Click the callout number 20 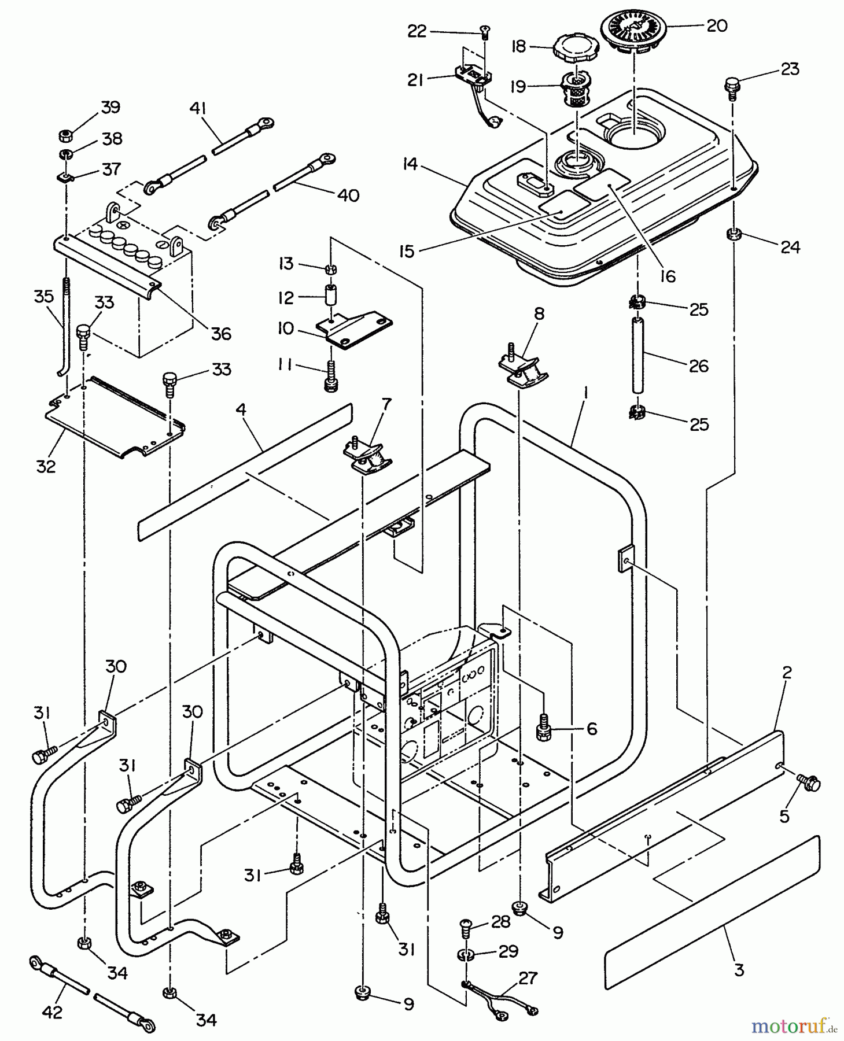tap(717, 26)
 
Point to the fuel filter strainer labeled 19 tap(577, 90)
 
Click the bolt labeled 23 tap(732, 87)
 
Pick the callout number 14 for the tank tap(410, 164)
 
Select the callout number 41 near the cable tap(198, 109)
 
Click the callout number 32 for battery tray tap(46, 466)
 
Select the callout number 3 tap(739, 970)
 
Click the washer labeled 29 tap(467, 954)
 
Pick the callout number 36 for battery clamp tap(220, 334)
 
